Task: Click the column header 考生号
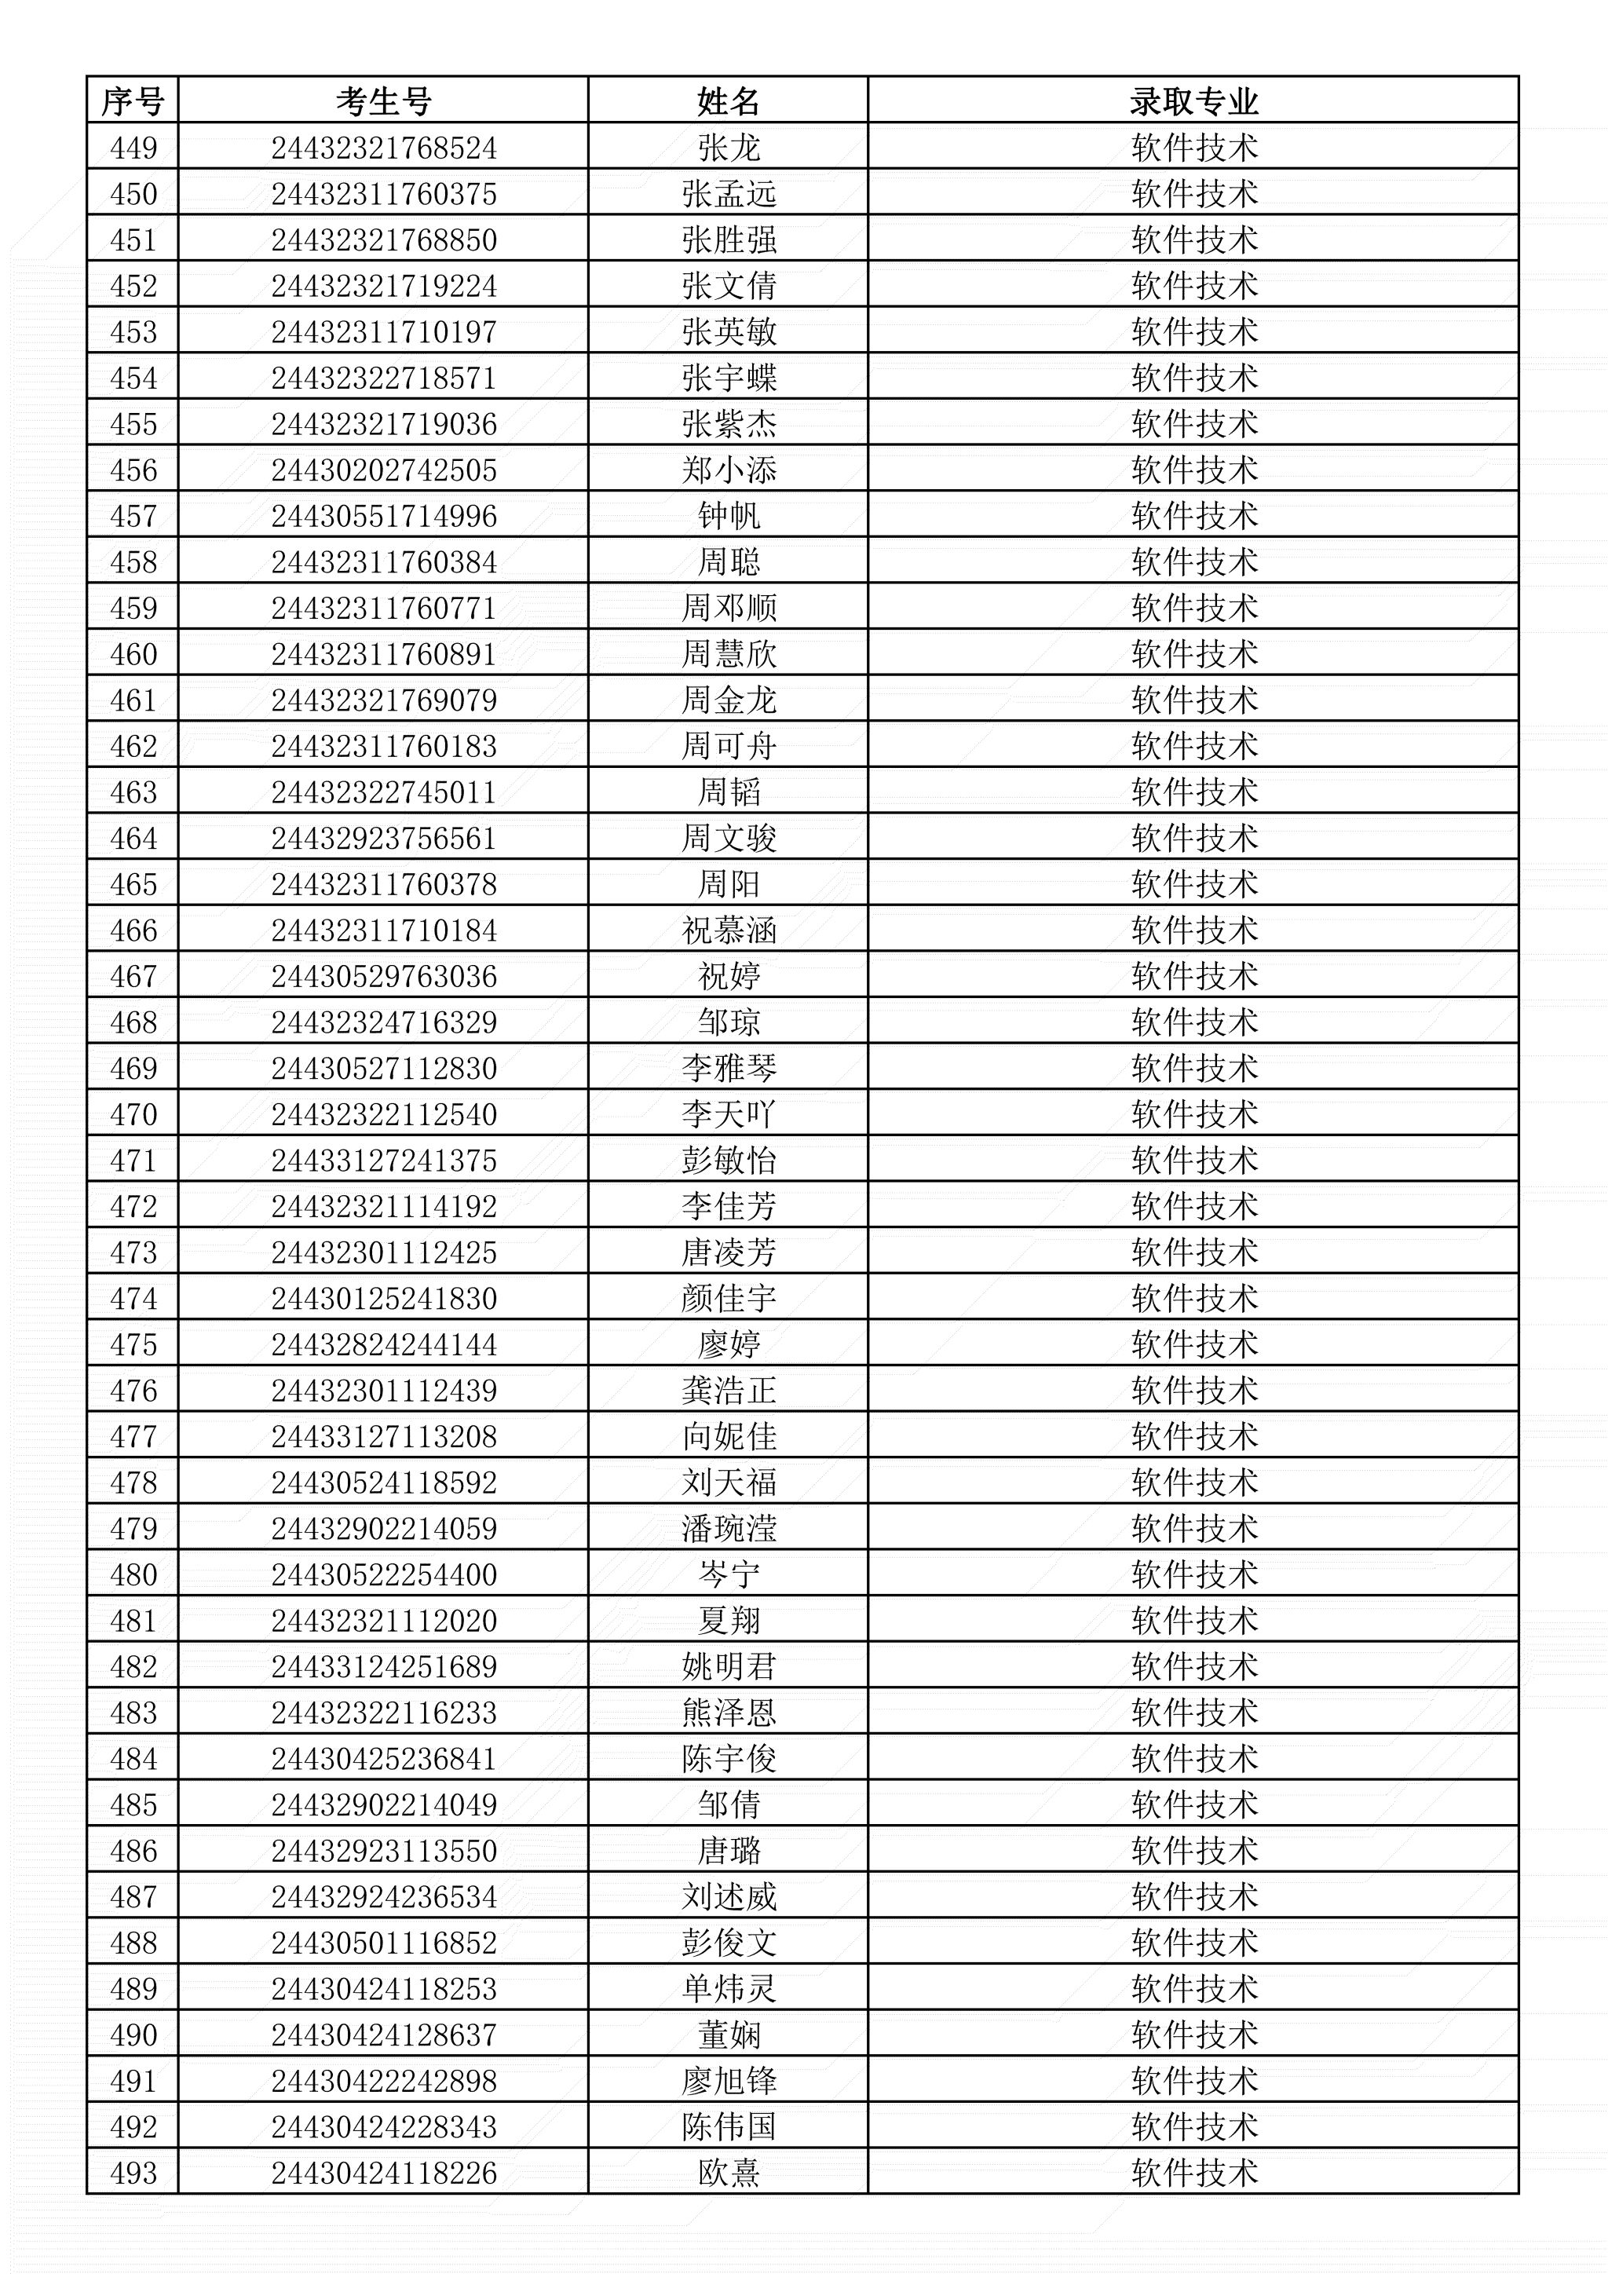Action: [383, 101]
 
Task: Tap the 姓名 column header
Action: [728, 101]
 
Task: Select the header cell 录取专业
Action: [1193, 101]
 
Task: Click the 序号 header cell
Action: [133, 101]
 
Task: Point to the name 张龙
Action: [728, 148]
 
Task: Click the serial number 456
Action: [133, 470]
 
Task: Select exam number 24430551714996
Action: [383, 516]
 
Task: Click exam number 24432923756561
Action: [383, 839]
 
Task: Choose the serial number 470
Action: [133, 1115]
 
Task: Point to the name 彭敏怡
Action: [728, 1161]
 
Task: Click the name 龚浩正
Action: [728, 1391]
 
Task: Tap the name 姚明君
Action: [728, 1667]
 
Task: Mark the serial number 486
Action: [133, 1851]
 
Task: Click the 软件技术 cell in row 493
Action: [1193, 2173]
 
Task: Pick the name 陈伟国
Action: [728, 2127]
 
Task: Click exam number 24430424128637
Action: [383, 2035]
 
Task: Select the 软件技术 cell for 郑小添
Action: [1193, 470]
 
